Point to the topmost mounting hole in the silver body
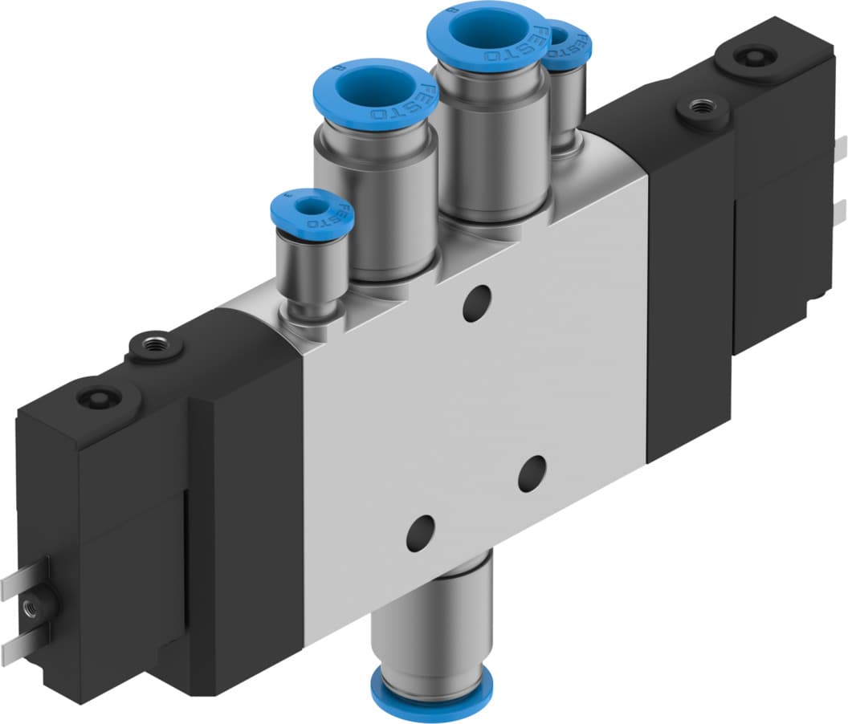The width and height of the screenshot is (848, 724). coord(477,304)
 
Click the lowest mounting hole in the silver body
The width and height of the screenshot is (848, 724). coord(420,532)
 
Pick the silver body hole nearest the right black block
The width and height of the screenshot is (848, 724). coord(532,474)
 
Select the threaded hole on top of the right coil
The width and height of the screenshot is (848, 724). coord(703,107)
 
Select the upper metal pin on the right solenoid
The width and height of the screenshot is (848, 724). coord(841,149)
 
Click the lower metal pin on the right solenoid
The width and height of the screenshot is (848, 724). coord(841,210)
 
